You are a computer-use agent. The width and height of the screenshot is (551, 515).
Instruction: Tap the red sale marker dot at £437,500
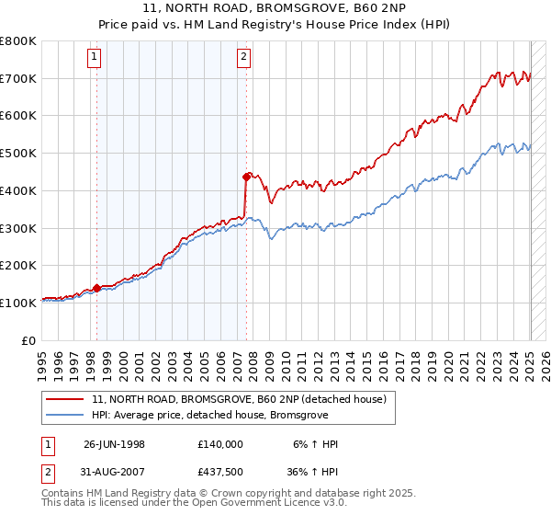(246, 176)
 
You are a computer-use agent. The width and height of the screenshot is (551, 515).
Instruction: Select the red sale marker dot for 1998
(96, 288)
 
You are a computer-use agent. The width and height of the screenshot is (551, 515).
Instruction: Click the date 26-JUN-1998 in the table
(114, 444)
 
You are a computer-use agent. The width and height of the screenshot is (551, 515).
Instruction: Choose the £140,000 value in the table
(219, 444)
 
